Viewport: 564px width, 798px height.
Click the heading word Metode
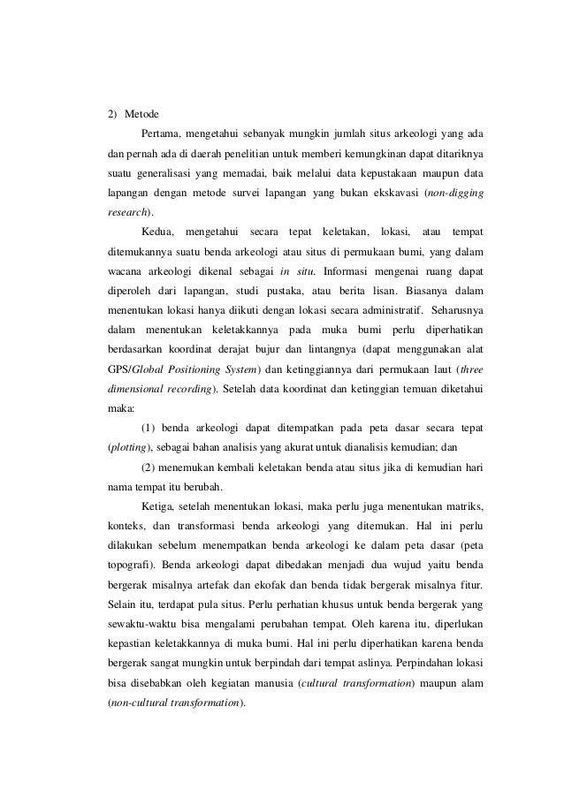click(142, 114)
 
